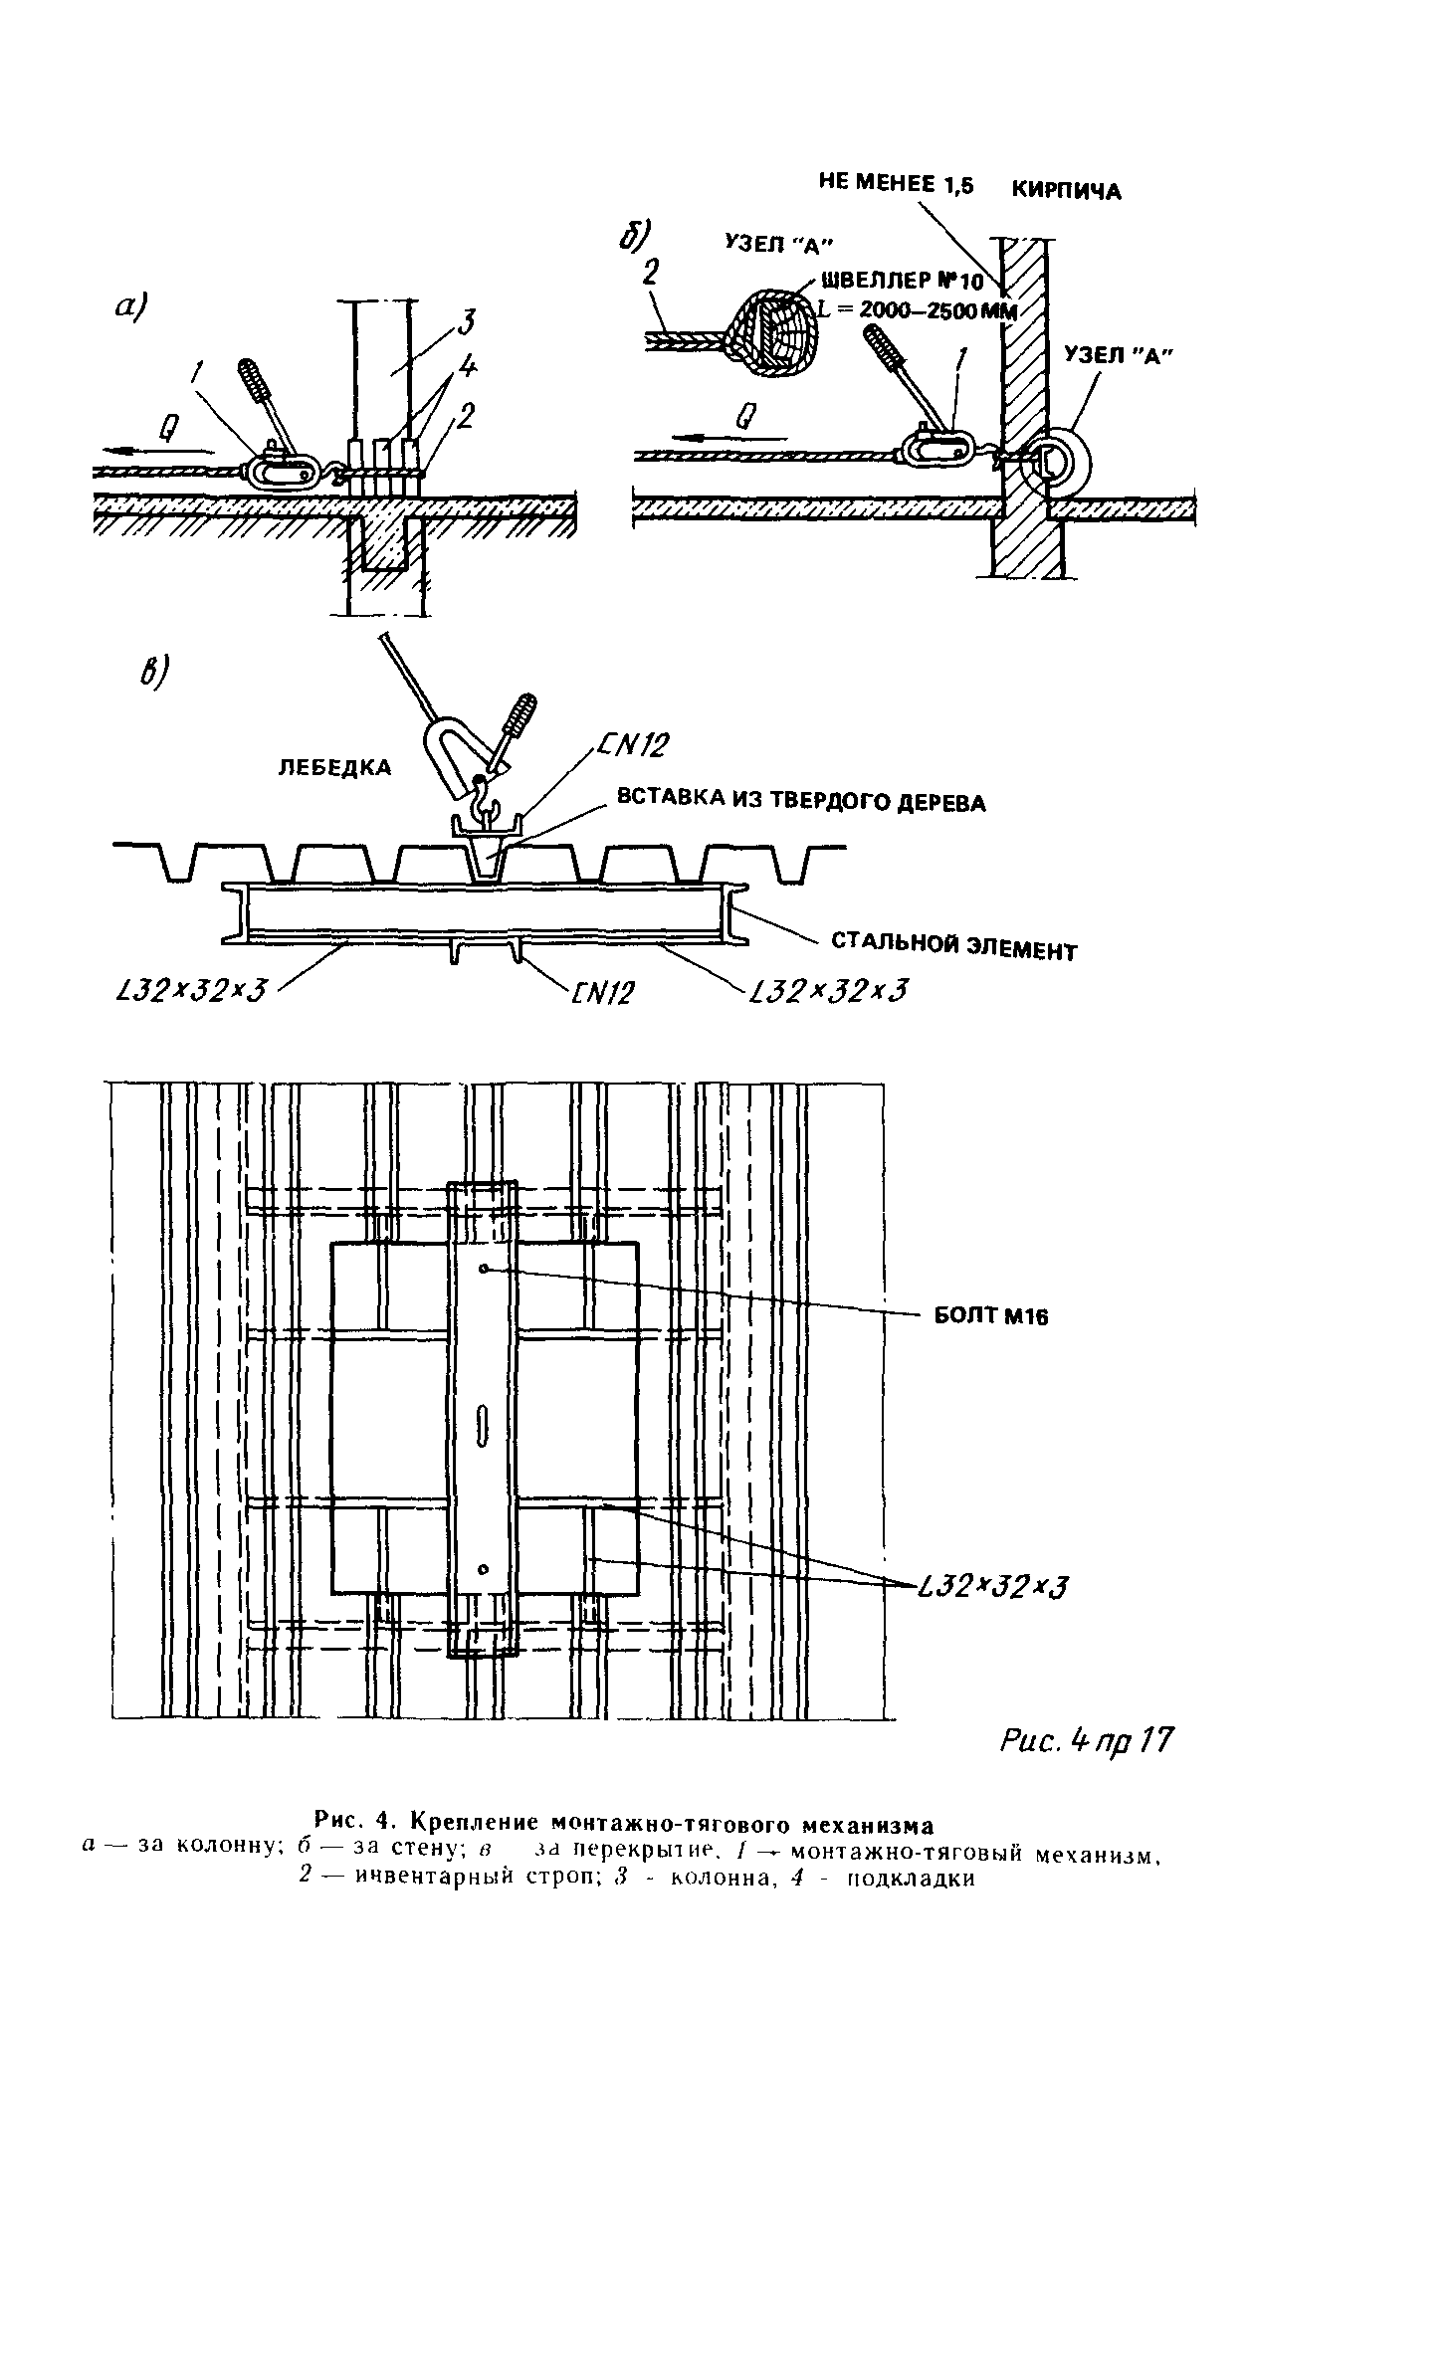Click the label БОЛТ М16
coord(990,1316)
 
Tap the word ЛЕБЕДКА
coord(333,767)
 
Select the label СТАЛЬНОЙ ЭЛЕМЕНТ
coord(953,946)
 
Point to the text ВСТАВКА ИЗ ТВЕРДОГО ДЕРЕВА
coord(801,801)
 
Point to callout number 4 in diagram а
coord(466,369)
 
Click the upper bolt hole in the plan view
coord(483,1269)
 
